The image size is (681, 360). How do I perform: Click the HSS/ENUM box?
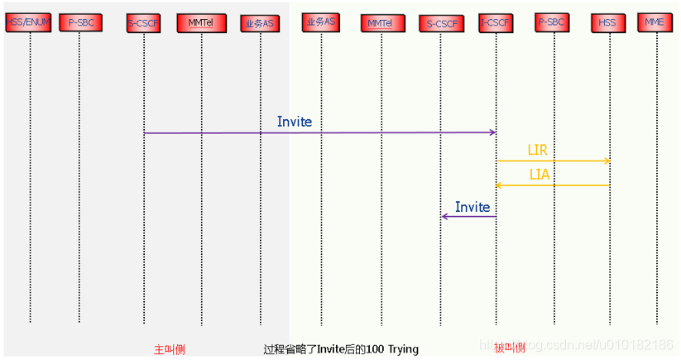click(29, 22)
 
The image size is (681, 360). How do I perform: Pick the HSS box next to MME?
click(607, 23)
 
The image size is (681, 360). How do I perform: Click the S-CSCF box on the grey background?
click(144, 23)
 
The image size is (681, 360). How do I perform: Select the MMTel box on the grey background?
click(201, 23)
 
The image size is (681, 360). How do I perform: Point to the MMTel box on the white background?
click(381, 24)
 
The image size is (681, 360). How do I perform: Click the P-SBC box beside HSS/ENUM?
click(81, 23)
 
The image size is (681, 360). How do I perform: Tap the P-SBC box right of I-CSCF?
click(553, 22)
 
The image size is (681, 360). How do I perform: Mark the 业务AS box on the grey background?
click(259, 23)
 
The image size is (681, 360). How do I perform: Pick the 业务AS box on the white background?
click(320, 22)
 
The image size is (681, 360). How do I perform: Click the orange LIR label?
click(538, 150)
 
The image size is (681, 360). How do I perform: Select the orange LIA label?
click(540, 175)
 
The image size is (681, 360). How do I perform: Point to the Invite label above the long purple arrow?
click(295, 122)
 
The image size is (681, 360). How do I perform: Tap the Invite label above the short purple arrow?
click(472, 207)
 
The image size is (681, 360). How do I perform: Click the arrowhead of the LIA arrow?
click(499, 185)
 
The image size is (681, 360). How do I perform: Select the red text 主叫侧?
click(170, 349)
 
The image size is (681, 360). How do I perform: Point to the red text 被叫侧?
click(510, 348)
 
